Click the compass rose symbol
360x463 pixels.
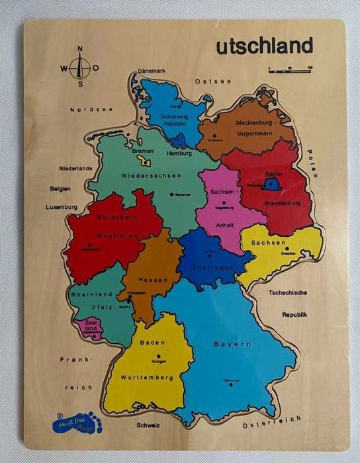[80, 67]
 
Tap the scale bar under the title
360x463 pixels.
[291, 69]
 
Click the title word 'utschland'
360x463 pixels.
[264, 46]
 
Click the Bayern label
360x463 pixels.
[232, 344]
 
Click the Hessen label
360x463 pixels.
[154, 280]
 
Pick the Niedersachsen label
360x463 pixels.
[152, 175]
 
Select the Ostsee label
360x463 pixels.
[213, 81]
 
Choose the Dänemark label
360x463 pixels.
[152, 71]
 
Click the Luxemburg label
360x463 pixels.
[62, 206]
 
